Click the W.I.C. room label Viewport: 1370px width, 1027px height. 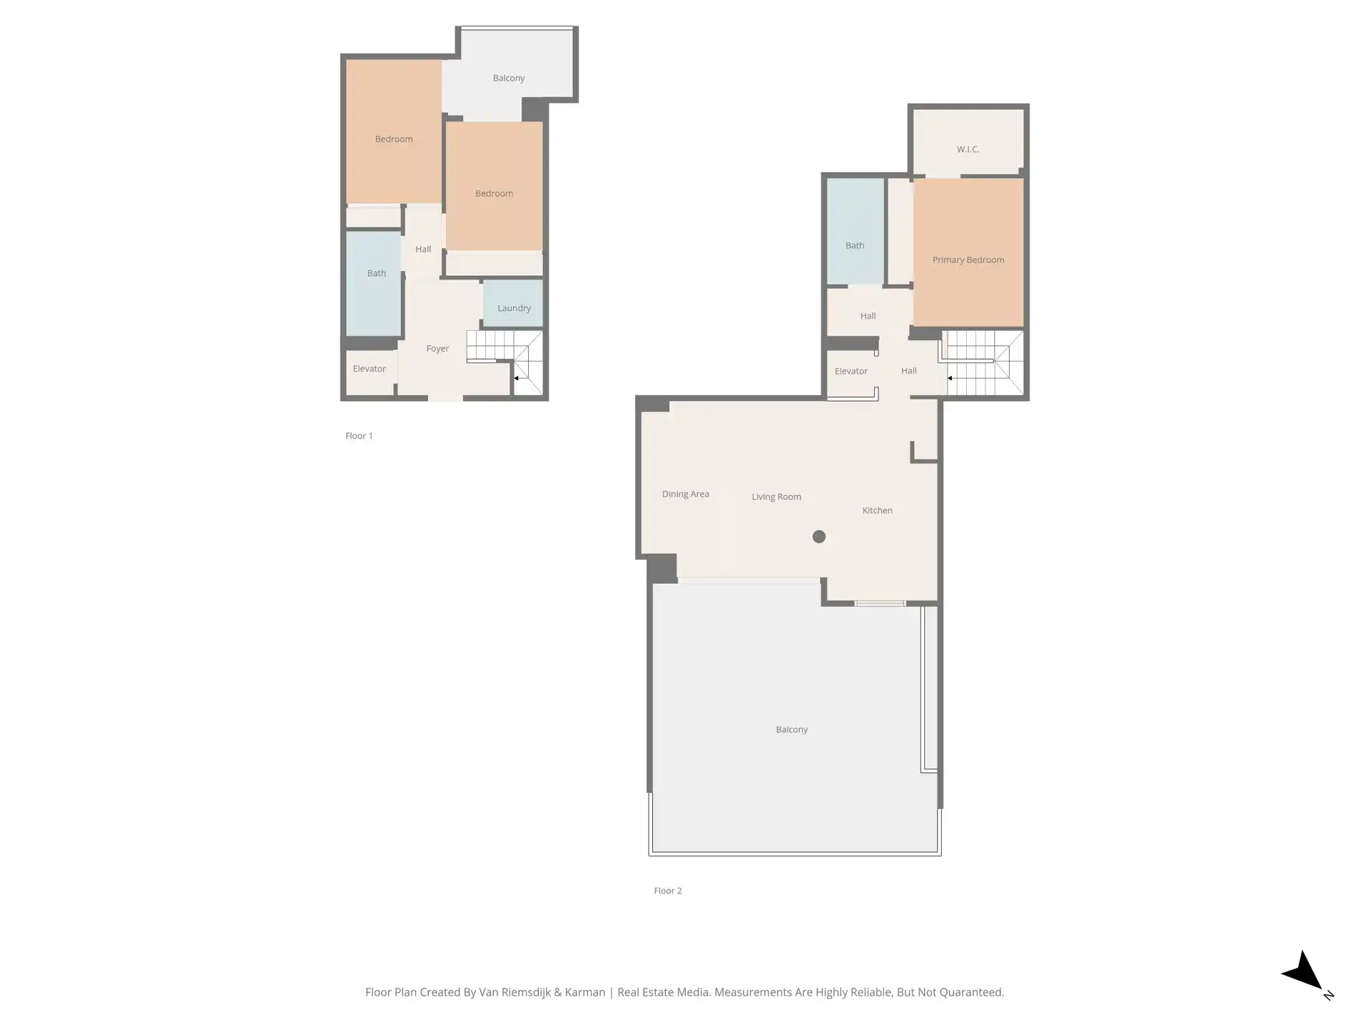[968, 149]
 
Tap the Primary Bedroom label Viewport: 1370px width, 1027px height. [968, 260]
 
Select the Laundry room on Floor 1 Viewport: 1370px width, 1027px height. [513, 303]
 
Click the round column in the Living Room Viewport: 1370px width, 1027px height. [819, 536]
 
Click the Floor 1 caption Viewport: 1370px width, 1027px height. [359, 436]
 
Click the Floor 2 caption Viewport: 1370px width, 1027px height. [668, 891]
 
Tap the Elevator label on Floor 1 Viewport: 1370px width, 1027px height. [369, 369]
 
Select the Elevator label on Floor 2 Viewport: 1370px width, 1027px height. [851, 371]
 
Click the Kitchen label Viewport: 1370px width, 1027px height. [877, 511]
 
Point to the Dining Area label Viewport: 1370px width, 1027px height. [685, 494]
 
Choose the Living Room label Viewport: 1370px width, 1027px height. [776, 496]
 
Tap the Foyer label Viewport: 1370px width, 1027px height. [437, 349]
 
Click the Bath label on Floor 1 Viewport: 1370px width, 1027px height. [376, 273]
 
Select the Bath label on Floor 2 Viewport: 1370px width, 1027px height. [855, 245]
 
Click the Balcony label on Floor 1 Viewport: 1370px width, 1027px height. [509, 78]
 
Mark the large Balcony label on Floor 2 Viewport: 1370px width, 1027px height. [792, 730]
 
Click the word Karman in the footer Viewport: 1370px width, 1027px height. [585, 992]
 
